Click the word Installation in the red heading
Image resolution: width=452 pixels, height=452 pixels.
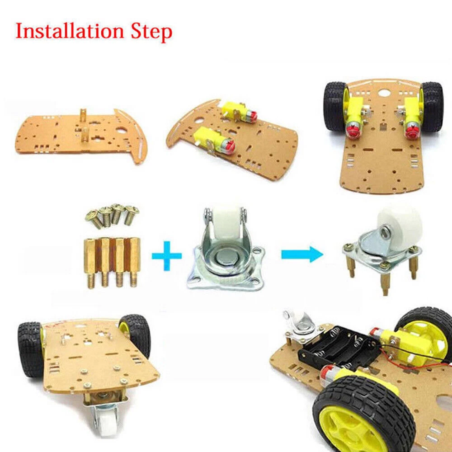click(70, 31)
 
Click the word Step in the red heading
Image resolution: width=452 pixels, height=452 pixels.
click(151, 32)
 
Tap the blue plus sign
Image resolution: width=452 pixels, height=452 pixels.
click(167, 256)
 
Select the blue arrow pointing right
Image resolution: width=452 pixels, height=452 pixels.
click(302, 254)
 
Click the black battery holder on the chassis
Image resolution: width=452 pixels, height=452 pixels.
click(336, 347)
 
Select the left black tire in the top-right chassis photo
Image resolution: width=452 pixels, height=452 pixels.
click(334, 107)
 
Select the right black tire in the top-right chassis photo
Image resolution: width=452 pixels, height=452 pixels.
click(432, 107)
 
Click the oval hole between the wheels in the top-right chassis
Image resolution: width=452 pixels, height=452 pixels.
click(384, 93)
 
